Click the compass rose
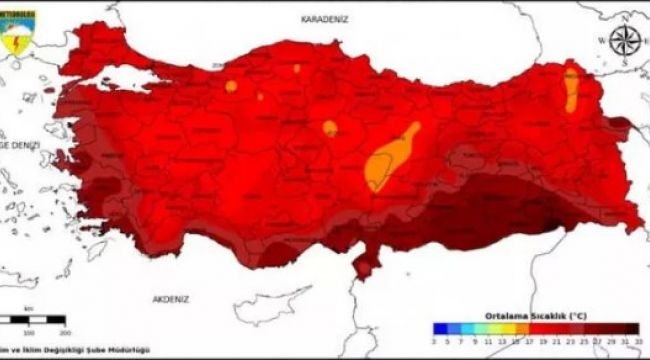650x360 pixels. [626, 40]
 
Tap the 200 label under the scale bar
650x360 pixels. [64, 331]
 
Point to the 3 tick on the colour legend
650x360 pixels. [436, 340]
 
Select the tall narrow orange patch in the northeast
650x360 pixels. [571, 89]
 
